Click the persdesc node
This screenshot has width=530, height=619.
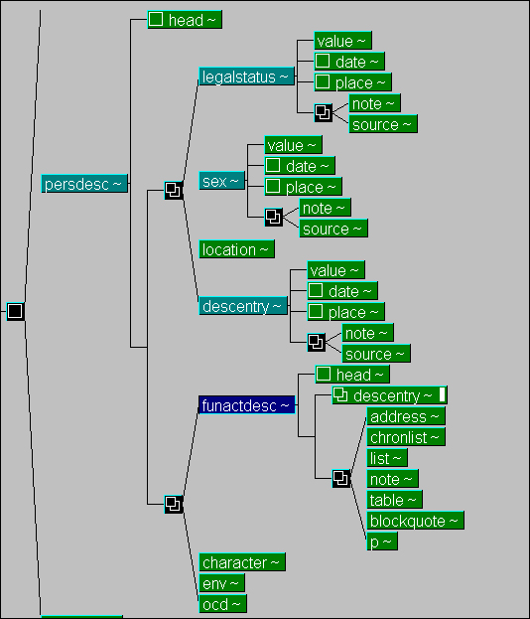pyautogui.click(x=84, y=184)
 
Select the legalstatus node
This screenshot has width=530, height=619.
pyautogui.click(x=246, y=77)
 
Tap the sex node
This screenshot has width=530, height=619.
pyautogui.click(x=222, y=181)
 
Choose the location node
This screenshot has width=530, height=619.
pyautogui.click(x=236, y=249)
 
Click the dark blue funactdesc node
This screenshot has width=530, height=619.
pyautogui.click(x=247, y=405)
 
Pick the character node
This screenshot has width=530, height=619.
pyautogui.click(x=242, y=562)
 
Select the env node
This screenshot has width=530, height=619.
pyautogui.click(x=221, y=583)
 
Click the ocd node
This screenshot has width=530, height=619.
pyautogui.click(x=222, y=604)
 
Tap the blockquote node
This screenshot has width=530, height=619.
pyautogui.click(x=415, y=521)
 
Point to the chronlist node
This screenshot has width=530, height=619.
pyautogui.click(x=406, y=437)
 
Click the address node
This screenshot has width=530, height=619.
pyautogui.click(x=406, y=416)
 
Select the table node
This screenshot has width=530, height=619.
pyautogui.click(x=394, y=500)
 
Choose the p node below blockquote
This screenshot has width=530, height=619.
pyautogui.click(x=382, y=542)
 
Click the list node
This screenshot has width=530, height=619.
pyautogui.click(x=387, y=458)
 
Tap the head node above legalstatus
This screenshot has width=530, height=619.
pyautogui.click(x=185, y=19)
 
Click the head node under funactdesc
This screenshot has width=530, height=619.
pyautogui.click(x=352, y=375)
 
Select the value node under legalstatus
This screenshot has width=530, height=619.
pyautogui.click(x=342, y=41)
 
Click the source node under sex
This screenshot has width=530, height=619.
pyautogui.click(x=333, y=229)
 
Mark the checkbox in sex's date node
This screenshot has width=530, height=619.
pyautogui.click(x=273, y=165)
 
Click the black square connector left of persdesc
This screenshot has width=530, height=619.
pyautogui.click(x=15, y=311)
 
